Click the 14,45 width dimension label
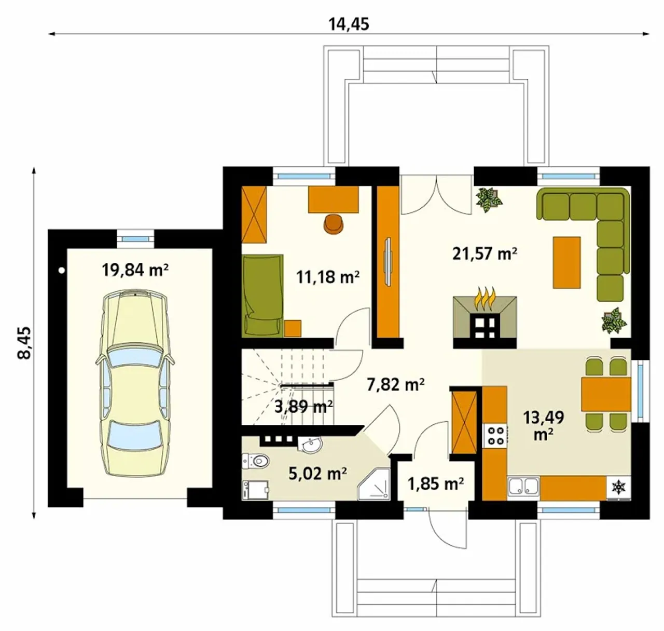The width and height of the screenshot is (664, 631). pos(349,24)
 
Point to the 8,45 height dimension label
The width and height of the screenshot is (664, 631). pos(24,342)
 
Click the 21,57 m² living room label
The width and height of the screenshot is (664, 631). pos(485,253)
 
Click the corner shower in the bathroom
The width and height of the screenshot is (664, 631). pos(374,484)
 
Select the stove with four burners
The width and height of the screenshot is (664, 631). pos(495,436)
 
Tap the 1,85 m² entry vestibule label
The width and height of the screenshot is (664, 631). pos(436,484)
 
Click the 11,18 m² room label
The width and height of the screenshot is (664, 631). pos(328,277)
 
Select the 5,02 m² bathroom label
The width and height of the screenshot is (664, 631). pos(318,474)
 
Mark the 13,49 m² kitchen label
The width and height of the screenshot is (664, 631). pos(544,426)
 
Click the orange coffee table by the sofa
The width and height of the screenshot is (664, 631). pos(566,262)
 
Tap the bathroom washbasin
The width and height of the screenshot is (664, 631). pos(310,445)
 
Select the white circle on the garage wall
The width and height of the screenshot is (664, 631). pos(61,271)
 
